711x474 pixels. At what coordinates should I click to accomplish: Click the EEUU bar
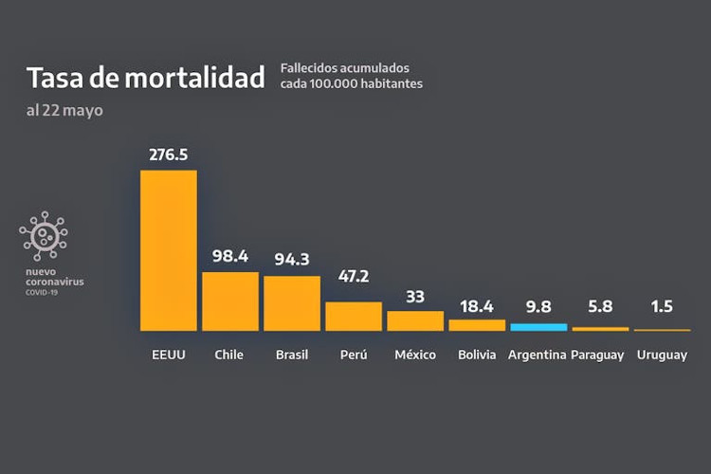(x=169, y=250)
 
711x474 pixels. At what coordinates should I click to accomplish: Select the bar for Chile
(x=230, y=301)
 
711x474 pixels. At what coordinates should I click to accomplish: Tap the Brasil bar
(x=292, y=303)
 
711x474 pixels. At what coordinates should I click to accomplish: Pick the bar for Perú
(x=354, y=316)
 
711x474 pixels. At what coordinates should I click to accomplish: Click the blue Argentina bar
(x=538, y=327)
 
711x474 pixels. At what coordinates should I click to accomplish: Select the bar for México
(x=415, y=320)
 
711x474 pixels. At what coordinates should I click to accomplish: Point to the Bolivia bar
(x=477, y=324)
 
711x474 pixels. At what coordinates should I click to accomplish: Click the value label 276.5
(x=169, y=153)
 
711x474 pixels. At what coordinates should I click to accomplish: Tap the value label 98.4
(x=230, y=255)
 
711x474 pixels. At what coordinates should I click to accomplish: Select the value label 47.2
(x=354, y=284)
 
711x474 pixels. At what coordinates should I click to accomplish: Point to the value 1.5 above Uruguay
(x=662, y=306)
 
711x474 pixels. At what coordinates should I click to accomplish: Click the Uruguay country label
(x=662, y=355)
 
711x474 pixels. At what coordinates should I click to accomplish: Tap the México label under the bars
(x=415, y=355)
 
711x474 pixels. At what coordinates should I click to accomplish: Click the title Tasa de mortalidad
(x=145, y=78)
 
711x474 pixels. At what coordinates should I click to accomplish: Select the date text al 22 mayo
(x=64, y=110)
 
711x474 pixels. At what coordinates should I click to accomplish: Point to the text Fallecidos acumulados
(x=344, y=68)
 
